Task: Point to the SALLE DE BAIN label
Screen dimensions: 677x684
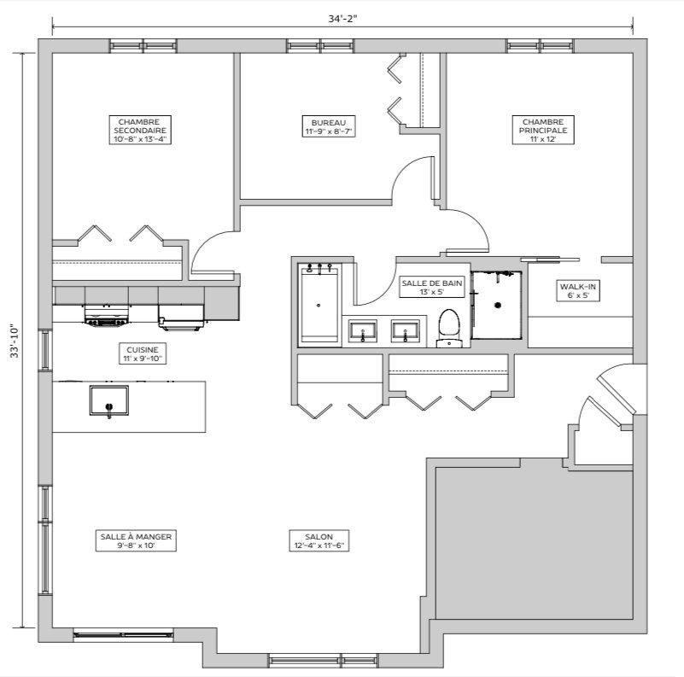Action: (432, 287)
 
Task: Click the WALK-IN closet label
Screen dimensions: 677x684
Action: (579, 290)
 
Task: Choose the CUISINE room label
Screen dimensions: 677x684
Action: (142, 354)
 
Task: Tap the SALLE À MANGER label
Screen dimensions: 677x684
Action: (136, 541)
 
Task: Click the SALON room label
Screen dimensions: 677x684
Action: (323, 541)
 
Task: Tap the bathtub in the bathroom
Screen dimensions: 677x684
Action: (318, 304)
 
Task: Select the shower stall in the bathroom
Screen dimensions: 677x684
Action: (495, 304)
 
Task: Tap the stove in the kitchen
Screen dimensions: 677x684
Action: (105, 316)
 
